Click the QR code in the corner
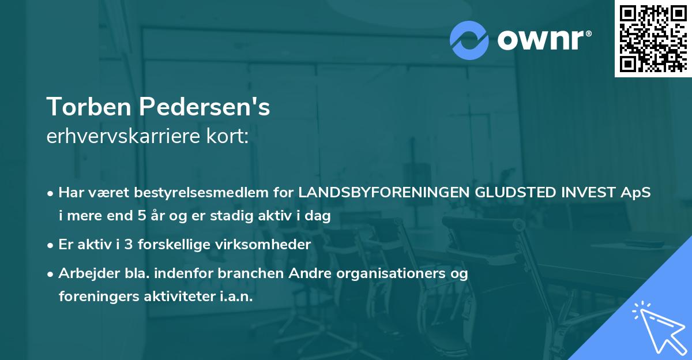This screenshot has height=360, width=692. (x=652, y=39)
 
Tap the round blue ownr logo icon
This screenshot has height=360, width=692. (x=469, y=40)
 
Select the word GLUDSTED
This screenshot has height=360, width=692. (x=513, y=193)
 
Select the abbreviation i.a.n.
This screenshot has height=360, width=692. (x=235, y=297)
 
